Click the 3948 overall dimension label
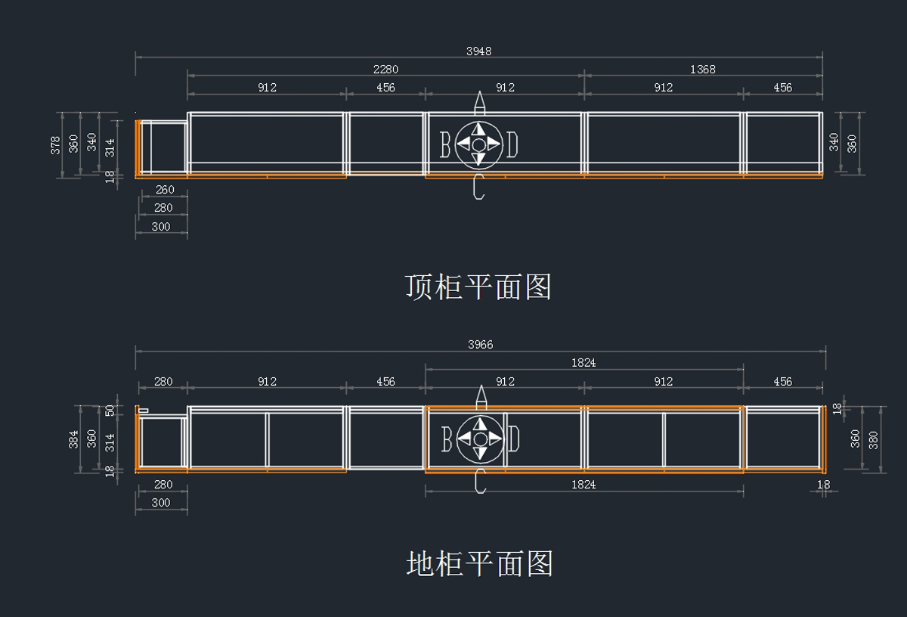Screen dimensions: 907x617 [478, 51]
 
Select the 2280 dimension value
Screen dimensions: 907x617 [385, 70]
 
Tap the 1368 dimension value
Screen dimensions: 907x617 [702, 70]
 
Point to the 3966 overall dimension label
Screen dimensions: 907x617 [480, 345]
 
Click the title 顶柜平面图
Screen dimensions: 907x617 [478, 287]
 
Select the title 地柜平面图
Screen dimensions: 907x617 [479, 563]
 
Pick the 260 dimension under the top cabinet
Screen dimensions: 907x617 [165, 190]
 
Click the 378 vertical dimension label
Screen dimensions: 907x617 [55, 145]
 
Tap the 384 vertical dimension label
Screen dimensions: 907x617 [73, 439]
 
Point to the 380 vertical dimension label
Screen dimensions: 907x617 [874, 440]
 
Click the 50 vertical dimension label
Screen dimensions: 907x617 [110, 411]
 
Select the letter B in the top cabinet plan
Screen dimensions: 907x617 [445, 144]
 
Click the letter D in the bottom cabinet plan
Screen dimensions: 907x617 [513, 439]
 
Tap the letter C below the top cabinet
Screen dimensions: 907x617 [479, 187]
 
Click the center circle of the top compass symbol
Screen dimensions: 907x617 [479, 145]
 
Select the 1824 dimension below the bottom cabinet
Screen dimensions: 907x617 [584, 485]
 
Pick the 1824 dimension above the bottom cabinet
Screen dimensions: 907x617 [584, 363]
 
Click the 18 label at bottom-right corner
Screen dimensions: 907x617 [823, 485]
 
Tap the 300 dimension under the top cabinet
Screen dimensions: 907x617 [161, 227]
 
